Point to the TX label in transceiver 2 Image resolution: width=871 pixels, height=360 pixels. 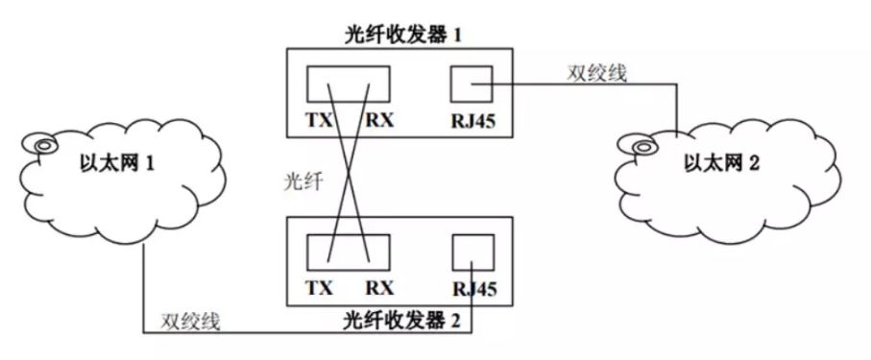pyautogui.click(x=322, y=287)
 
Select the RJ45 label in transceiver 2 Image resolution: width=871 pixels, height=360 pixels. pyautogui.click(x=470, y=287)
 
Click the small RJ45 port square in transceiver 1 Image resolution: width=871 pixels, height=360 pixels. pyautogui.click(x=472, y=84)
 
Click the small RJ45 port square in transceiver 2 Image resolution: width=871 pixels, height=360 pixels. pyautogui.click(x=472, y=252)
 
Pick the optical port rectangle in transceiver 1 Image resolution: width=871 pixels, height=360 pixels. pyautogui.click(x=349, y=84)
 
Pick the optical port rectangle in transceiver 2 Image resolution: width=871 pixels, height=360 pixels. pyautogui.click(x=349, y=252)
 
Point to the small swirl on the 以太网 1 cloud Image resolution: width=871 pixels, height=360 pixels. pyautogui.click(x=43, y=146)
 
